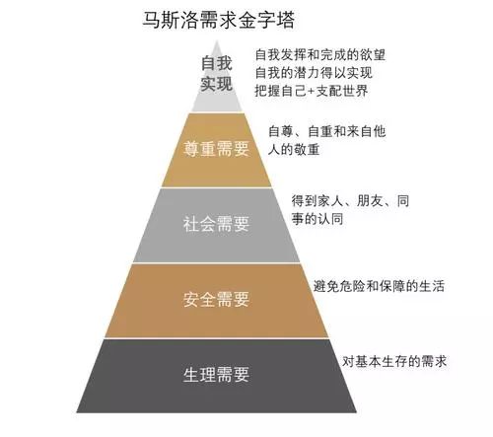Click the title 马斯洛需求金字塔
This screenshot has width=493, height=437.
219,21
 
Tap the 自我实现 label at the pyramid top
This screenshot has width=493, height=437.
217,74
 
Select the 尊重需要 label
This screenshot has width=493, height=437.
216,149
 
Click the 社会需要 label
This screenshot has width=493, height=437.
216,224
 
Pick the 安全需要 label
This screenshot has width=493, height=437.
216,299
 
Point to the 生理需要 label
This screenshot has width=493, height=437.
216,375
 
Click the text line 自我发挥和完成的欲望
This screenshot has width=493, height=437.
320,54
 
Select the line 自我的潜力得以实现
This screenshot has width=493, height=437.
314,73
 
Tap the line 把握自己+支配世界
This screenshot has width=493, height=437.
312,91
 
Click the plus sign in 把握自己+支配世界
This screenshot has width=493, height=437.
311,91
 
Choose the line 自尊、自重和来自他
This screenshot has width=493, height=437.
327,131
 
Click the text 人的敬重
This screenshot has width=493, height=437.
294,150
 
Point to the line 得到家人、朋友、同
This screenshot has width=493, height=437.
350,200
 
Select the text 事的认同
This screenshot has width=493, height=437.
317,219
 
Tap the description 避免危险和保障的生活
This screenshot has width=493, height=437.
379,286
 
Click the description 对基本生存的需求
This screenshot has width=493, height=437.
394,361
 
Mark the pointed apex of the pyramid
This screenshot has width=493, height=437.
217,40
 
